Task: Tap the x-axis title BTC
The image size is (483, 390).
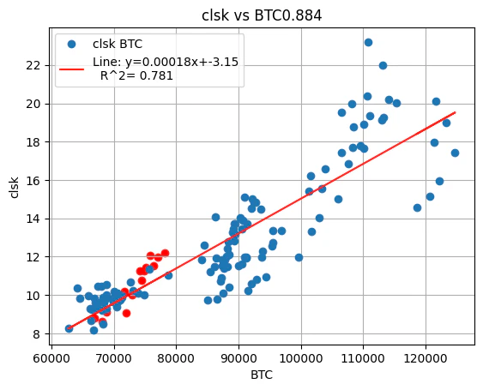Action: (263, 375)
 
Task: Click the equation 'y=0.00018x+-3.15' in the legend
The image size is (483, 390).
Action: (166, 62)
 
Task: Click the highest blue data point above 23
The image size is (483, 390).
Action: (368, 42)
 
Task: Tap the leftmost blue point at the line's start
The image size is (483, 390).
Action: (69, 328)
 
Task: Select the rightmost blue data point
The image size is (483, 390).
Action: (455, 153)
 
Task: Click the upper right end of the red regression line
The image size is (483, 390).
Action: (455, 112)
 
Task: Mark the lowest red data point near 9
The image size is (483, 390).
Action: (126, 313)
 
